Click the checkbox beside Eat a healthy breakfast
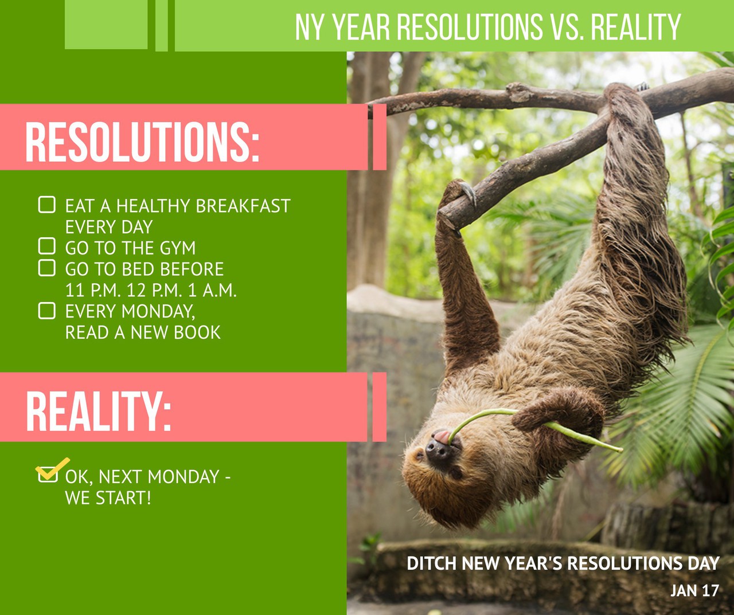(47, 205)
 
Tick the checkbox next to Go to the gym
(47, 246)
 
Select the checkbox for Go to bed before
(47, 268)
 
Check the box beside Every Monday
(47, 311)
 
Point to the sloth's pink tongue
(443, 437)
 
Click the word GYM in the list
(178, 248)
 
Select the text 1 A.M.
(212, 290)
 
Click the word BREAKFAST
(243, 206)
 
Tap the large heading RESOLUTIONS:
(142, 142)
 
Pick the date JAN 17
(694, 590)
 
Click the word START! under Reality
(123, 498)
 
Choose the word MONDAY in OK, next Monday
(183, 477)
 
